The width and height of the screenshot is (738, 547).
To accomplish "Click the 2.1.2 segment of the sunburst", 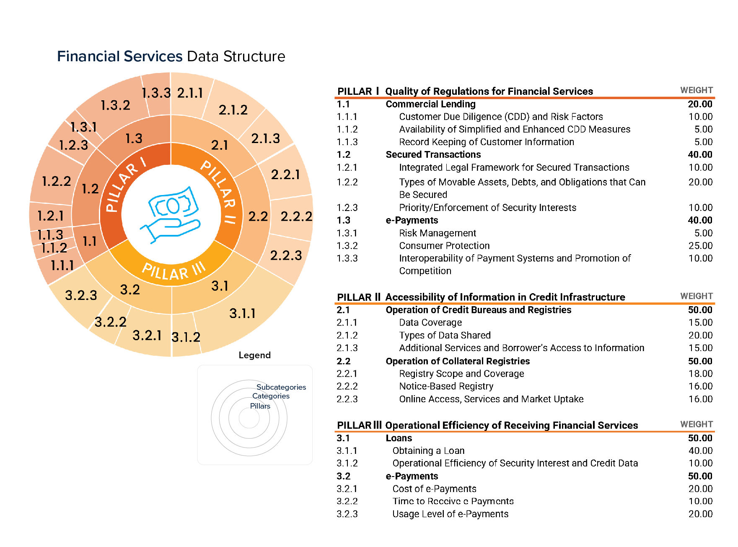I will (233, 110).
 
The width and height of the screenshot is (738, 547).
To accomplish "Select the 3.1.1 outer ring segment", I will (242, 313).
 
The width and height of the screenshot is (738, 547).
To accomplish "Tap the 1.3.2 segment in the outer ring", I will (115, 105).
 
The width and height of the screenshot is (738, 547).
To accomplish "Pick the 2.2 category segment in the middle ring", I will (258, 216).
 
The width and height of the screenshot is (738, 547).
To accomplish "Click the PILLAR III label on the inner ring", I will (173, 271).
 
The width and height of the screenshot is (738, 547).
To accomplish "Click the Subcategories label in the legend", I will (281, 387).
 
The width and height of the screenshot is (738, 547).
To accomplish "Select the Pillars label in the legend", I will (260, 406).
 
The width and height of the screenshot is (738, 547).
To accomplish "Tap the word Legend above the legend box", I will (254, 355).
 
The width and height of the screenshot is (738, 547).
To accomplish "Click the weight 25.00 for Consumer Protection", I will (700, 246).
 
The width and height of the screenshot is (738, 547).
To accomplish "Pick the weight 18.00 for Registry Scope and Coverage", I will (700, 374).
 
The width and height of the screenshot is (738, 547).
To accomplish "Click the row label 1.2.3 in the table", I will (347, 208).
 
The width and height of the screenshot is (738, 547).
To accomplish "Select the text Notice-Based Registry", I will (446, 386).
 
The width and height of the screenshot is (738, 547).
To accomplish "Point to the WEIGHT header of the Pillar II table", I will (696, 296).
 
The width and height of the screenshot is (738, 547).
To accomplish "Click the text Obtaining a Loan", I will (428, 451).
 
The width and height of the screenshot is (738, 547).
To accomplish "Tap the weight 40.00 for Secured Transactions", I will (699, 155).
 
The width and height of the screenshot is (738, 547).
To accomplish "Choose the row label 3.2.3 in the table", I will (347, 514).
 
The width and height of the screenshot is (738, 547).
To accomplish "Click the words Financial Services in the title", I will (120, 56).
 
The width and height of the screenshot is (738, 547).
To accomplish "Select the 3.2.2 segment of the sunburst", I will (110, 322).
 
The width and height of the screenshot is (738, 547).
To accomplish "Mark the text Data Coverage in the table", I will (430, 323).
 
